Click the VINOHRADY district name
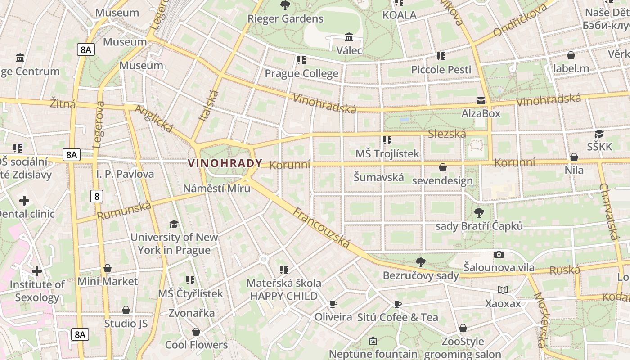[x=225, y=163]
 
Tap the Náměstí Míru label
[x=216, y=188]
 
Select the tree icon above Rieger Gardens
[x=285, y=5]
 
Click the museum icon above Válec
[x=349, y=37]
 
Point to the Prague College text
[x=301, y=73]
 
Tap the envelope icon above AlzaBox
[x=481, y=101]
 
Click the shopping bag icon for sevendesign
[x=443, y=167]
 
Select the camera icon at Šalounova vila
[x=499, y=254]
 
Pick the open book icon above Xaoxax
[x=503, y=290]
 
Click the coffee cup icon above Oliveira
[x=333, y=304]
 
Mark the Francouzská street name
[x=321, y=228]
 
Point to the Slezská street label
[x=447, y=134]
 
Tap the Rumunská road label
[x=124, y=211]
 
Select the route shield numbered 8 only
[x=96, y=196]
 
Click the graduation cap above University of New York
[x=174, y=224]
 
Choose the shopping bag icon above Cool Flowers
[x=196, y=332]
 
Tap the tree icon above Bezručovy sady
[x=421, y=262]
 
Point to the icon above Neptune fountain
[x=373, y=341]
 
